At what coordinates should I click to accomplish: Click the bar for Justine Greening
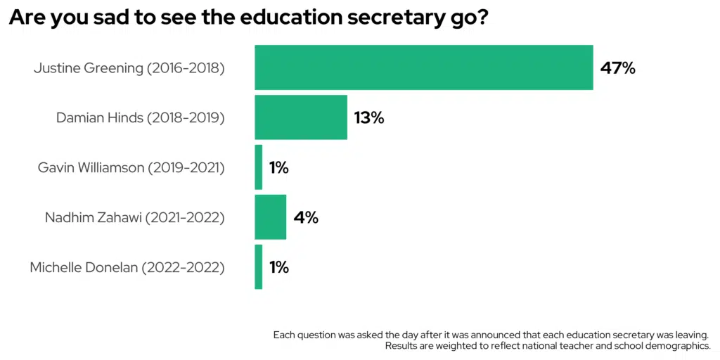pos(423,67)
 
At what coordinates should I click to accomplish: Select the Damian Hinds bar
pos(301,117)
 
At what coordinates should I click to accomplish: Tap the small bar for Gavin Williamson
pos(259,167)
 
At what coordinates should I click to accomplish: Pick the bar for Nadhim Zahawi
pos(271,217)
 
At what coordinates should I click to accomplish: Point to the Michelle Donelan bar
pos(259,267)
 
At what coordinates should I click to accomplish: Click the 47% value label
pos(618,68)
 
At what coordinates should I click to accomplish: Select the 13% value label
pos(369,118)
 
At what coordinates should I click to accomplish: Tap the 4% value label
pos(306,218)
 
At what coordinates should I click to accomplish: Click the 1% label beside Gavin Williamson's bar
pos(279,168)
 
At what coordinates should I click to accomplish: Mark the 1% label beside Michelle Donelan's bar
pos(279,268)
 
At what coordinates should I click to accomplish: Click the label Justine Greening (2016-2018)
pos(129,68)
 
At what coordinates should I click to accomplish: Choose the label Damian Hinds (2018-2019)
pos(141,118)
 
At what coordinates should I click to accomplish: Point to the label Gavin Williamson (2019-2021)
pos(131,168)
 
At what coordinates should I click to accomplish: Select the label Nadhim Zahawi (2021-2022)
pos(135,218)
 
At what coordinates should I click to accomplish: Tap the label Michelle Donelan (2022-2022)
pos(127,268)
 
